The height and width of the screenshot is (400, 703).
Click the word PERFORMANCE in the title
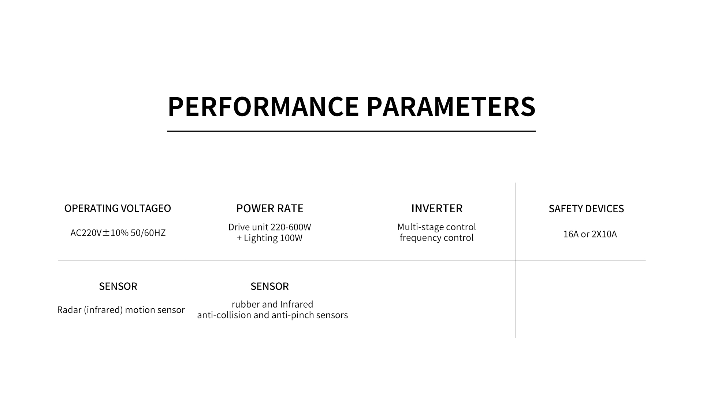[x=263, y=107]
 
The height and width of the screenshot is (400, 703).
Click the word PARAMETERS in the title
[x=451, y=107]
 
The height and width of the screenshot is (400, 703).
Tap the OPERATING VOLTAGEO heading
[x=118, y=208]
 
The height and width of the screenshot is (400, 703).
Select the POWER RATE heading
[x=270, y=208]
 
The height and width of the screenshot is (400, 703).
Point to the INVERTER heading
[x=437, y=208]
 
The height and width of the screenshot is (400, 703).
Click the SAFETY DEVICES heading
[x=586, y=209]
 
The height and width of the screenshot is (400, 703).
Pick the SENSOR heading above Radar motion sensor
[x=118, y=286]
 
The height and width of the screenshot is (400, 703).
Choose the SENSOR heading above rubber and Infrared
[x=269, y=286]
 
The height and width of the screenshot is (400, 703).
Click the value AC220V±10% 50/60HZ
[x=118, y=233]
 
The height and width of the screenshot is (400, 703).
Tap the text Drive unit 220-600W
[x=270, y=227]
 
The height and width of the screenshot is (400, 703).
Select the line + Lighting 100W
[x=269, y=238]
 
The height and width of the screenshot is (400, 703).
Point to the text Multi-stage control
[x=437, y=227]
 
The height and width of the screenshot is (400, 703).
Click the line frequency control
[x=437, y=238]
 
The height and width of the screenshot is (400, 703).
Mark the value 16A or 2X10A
[x=590, y=234]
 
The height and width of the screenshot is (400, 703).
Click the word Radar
[x=69, y=310]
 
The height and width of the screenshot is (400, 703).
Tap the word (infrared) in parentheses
[x=103, y=310]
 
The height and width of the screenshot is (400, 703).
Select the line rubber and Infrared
[x=272, y=304]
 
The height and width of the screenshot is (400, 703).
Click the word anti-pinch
[x=290, y=315]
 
